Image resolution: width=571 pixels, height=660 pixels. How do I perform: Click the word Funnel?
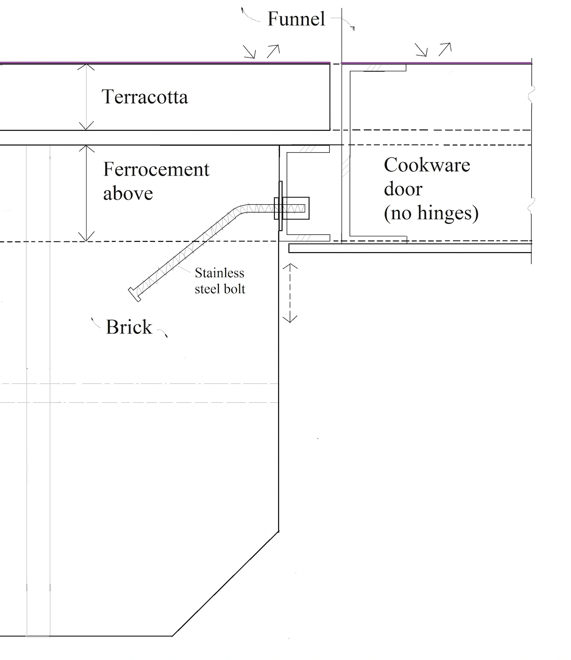[x=296, y=19]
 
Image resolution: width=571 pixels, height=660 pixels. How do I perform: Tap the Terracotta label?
[x=144, y=97]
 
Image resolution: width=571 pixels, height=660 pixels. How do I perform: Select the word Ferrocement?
[x=156, y=170]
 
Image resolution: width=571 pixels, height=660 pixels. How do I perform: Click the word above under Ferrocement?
[x=128, y=194]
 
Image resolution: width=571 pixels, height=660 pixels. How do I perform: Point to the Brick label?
[x=129, y=327]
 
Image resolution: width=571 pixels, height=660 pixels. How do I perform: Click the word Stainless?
[x=219, y=273]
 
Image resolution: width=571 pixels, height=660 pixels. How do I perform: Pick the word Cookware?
[x=427, y=165]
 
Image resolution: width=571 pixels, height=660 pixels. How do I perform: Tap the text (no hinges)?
[x=431, y=213]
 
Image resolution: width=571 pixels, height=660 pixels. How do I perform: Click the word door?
[x=403, y=189]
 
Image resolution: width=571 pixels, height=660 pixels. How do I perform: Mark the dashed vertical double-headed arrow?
[x=290, y=293]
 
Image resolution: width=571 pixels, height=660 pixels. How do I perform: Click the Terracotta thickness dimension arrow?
[x=87, y=97]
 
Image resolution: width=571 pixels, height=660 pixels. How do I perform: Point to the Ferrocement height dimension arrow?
[x=87, y=193]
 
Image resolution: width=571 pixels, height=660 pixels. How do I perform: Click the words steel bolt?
[x=220, y=289]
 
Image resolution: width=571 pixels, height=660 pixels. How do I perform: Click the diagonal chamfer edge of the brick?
[x=226, y=584]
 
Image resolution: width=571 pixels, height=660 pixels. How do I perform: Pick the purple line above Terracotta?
[x=163, y=63]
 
